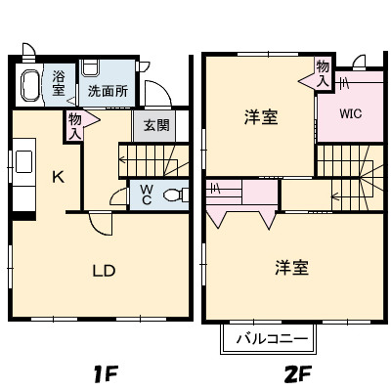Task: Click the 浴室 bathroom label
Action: pos(59,82)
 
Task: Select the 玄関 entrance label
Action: pos(155,125)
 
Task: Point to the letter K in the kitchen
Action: pos(58,177)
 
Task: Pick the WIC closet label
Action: pos(351,113)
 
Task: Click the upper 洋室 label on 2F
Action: pos(260,118)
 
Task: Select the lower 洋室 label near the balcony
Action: pos(291,267)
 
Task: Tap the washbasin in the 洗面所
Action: pos(91,68)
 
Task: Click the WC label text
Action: pos(145,195)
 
